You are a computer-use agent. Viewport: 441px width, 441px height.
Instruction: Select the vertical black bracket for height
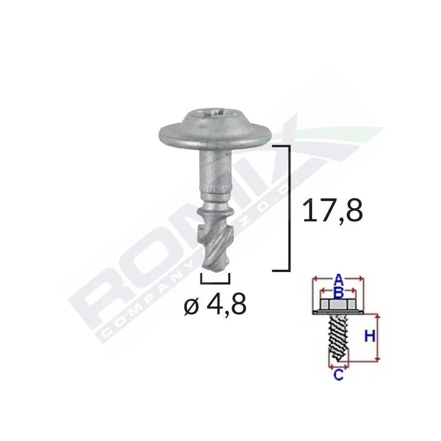point(288,207)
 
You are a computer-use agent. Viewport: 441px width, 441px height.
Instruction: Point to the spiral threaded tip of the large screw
point(214,238)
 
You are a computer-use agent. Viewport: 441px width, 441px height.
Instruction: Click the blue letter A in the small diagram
point(338,279)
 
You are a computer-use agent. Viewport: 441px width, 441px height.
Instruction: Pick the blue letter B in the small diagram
point(338,292)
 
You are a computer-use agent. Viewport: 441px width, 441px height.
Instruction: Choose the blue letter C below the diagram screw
point(338,375)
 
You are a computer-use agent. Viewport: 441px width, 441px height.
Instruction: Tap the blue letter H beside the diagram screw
point(370,336)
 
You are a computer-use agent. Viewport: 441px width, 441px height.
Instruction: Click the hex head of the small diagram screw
point(337,304)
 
